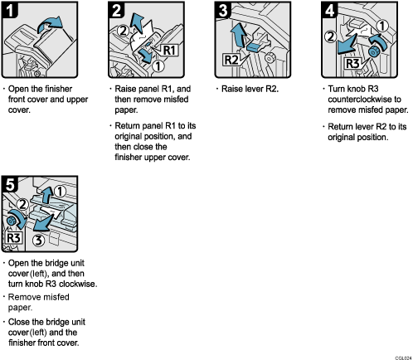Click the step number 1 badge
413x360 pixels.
(11, 12)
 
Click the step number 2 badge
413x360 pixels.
(117, 12)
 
